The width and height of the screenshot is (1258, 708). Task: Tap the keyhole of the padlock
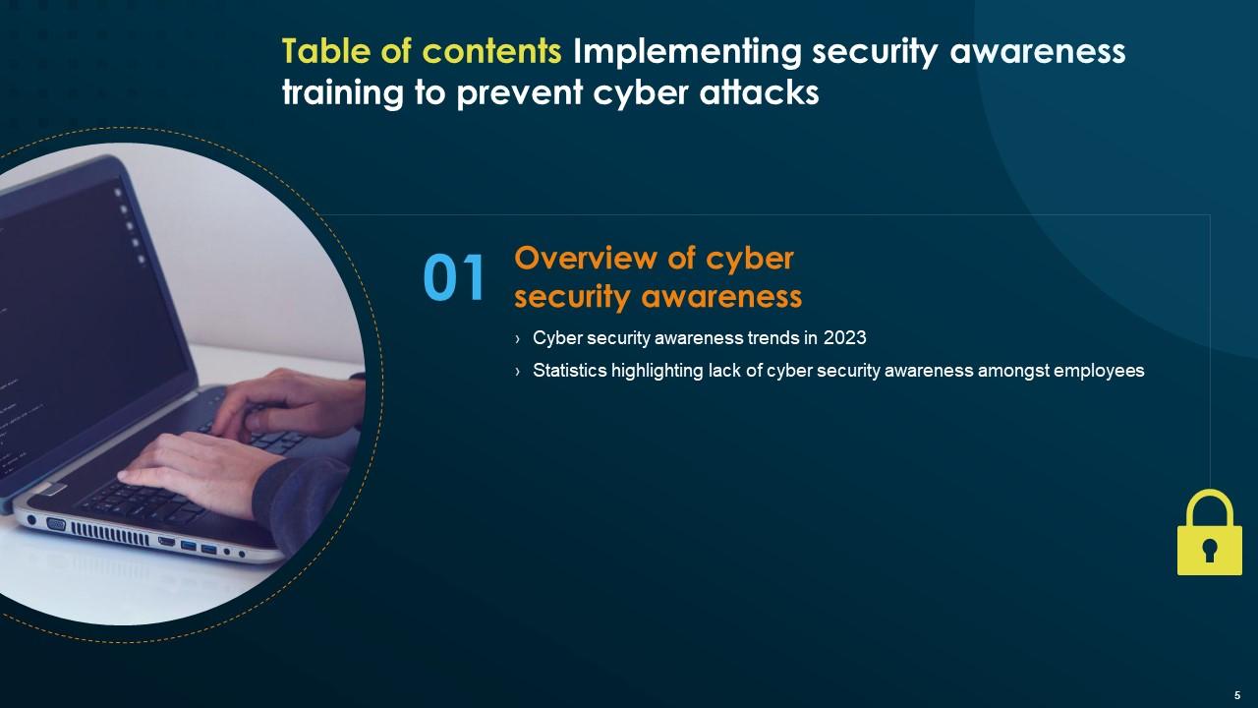click(1210, 550)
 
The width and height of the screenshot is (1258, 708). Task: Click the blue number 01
click(454, 277)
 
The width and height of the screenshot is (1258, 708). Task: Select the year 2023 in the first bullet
click(844, 337)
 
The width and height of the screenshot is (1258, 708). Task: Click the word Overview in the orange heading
click(586, 259)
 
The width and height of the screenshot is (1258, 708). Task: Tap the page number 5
click(1237, 695)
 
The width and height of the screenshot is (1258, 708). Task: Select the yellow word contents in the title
click(491, 52)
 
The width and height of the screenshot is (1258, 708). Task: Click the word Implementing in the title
click(687, 53)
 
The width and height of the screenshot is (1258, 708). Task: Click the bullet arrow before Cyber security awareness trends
click(517, 339)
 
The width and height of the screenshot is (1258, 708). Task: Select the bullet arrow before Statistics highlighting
click(517, 372)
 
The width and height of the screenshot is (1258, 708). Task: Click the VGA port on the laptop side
click(56, 524)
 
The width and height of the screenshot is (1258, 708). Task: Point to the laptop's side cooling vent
click(109, 533)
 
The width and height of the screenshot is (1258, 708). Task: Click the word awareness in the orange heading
click(721, 297)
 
